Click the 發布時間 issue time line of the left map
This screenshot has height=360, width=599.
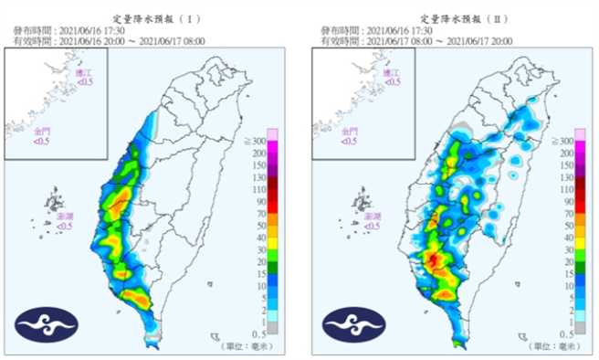[x=62, y=31]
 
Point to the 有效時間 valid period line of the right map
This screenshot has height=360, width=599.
[x=415, y=42]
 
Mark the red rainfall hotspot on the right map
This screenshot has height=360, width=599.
[x=436, y=262]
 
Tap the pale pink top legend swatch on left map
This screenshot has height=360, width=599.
[x=272, y=134]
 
